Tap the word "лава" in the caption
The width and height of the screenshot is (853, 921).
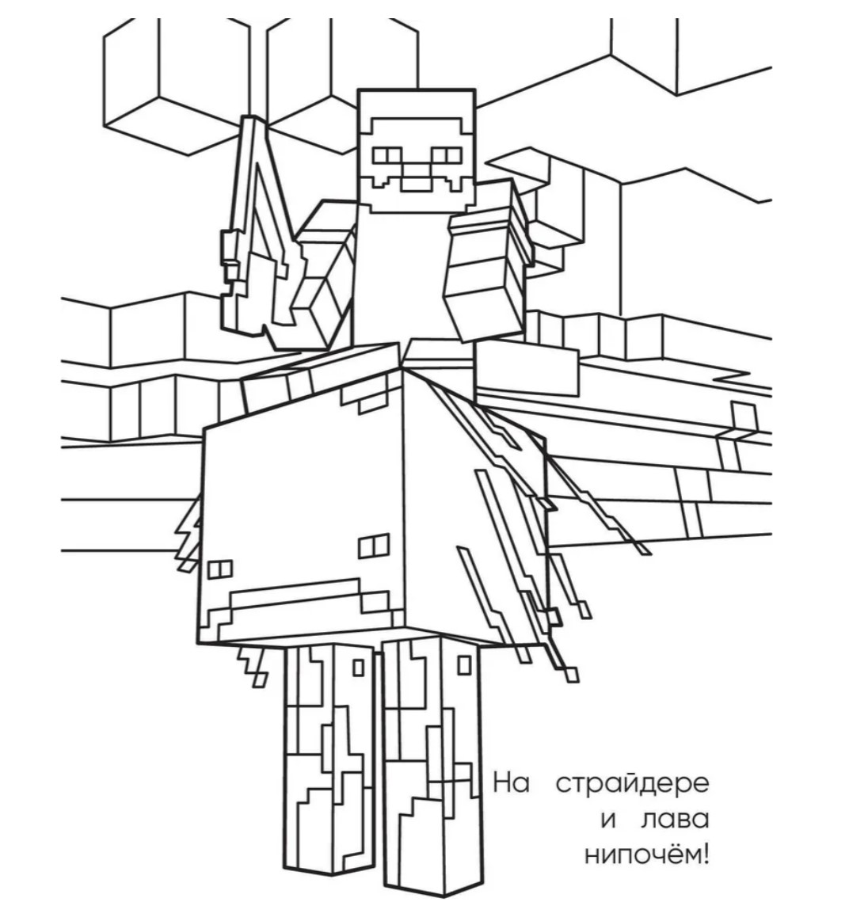674,820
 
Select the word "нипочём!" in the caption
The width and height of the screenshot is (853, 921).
647,855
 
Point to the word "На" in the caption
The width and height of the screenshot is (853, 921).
511,782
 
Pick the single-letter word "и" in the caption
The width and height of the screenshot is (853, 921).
608,821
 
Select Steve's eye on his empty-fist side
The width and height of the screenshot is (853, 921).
447,156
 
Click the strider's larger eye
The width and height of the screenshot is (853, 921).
374,546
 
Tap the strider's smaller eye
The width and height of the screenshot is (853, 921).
219,569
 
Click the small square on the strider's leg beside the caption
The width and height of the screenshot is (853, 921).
464,665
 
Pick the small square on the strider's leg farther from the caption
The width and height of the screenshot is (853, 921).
358,668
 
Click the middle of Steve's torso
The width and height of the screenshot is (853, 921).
399,276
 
